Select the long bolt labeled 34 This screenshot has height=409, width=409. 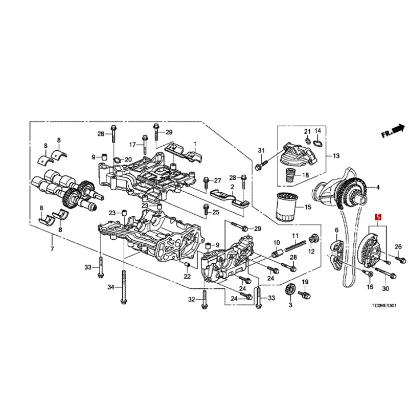click(124, 286)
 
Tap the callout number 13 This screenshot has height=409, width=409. click(336, 156)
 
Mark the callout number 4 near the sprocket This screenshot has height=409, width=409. click(378, 188)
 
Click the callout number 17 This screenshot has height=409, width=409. click(131, 144)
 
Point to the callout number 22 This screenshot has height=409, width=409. click(187, 276)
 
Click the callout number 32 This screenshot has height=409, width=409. click(191, 299)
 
